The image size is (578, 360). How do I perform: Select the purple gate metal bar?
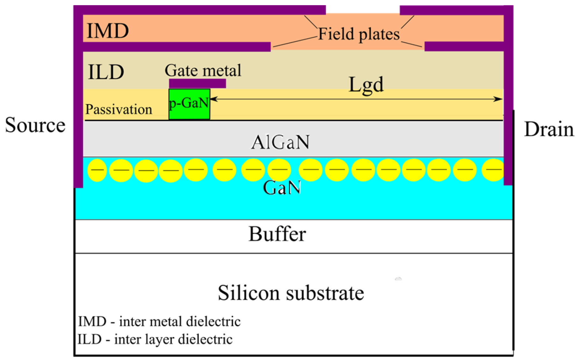(197, 83)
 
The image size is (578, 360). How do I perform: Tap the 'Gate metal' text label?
(203, 70)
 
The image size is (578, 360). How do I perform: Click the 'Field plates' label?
(359, 34)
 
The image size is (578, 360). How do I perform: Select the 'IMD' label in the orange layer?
(108, 31)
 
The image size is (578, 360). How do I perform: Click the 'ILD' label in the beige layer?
(106, 72)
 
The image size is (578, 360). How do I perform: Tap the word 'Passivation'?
(119, 110)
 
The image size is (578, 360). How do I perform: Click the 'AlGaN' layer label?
(280, 142)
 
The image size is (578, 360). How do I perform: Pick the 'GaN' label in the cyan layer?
(282, 188)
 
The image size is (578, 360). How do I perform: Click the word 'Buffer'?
(277, 234)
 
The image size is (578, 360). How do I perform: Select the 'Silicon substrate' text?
(291, 293)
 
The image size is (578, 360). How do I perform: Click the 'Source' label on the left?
(35, 125)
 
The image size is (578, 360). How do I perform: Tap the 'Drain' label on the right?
(549, 129)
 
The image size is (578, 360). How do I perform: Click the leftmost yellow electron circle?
(97, 170)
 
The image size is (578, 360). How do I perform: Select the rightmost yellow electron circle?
(493, 170)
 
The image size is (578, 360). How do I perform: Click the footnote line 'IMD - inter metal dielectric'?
(159, 321)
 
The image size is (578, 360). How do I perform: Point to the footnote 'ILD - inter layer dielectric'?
(155, 339)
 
